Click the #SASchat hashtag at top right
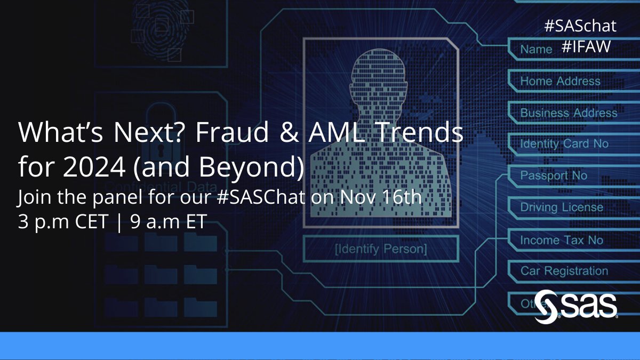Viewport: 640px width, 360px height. (580, 26)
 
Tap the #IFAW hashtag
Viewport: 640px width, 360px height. (586, 47)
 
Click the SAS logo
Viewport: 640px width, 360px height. (576, 306)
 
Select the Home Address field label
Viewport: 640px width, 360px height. (560, 81)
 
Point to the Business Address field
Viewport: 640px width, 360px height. (569, 113)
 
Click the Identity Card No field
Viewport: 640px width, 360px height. (564, 144)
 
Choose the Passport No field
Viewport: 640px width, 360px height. (554, 175)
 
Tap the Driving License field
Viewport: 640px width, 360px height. (562, 207)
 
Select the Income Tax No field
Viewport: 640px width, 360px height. (562, 240)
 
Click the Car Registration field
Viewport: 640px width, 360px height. (564, 271)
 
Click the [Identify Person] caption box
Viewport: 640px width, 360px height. (380, 249)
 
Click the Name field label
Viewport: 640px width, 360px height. (536, 50)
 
